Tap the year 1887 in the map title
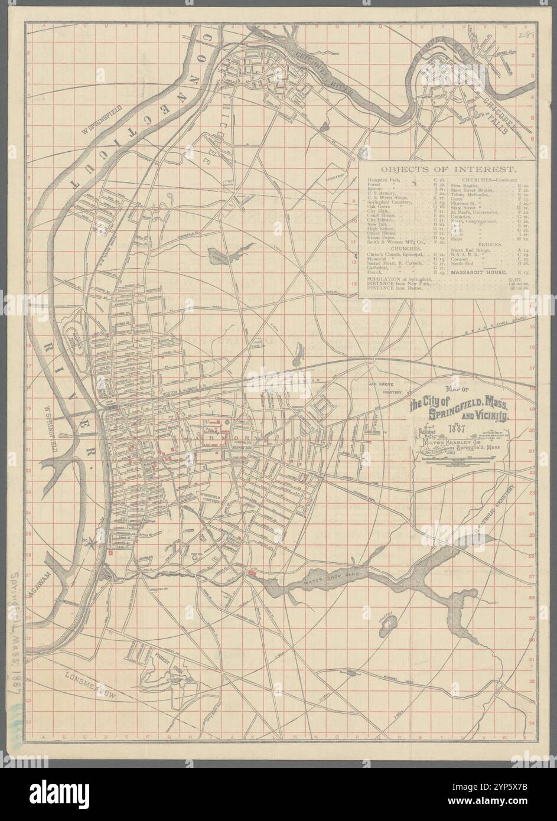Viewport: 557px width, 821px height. tap(455, 428)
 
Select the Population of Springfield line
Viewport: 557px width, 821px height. tap(400, 278)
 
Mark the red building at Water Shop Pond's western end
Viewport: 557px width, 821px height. tap(252, 573)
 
